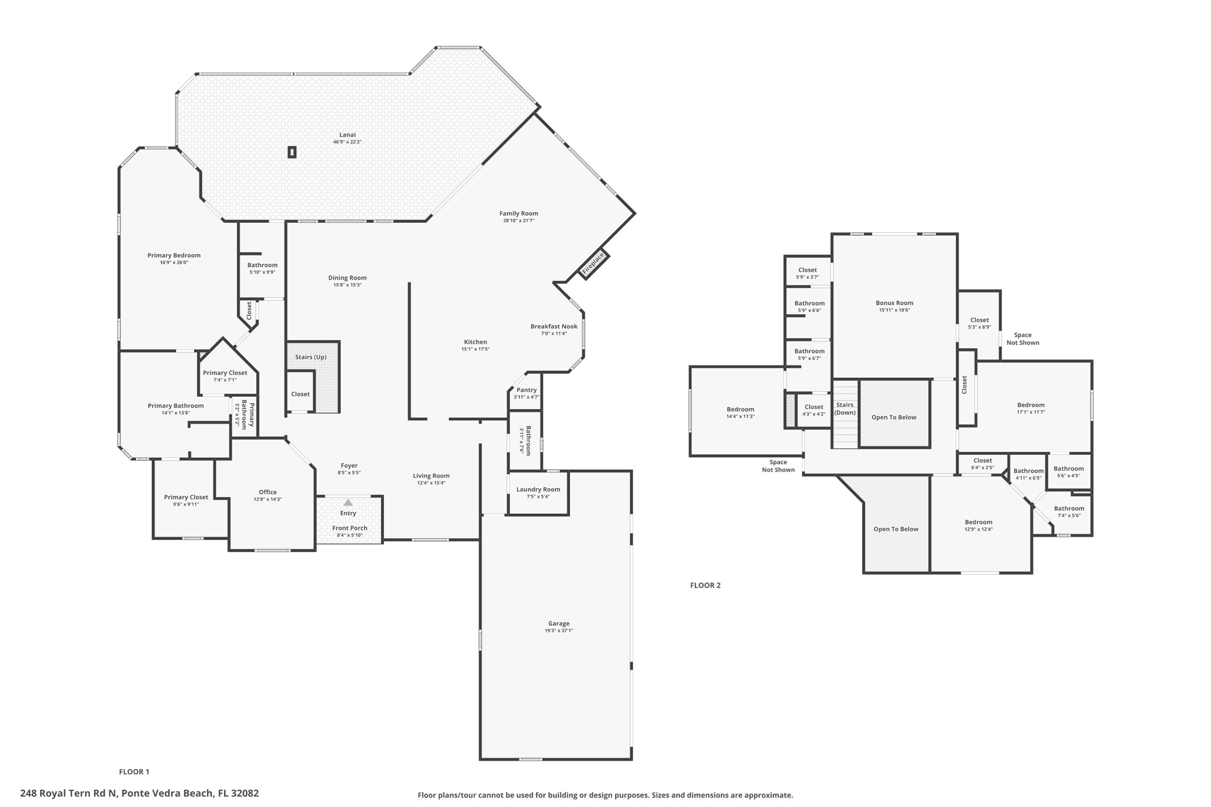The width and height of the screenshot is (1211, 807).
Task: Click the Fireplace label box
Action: coord(593,263)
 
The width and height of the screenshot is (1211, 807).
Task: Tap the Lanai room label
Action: coord(347,135)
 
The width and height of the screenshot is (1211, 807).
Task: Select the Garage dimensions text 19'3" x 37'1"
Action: coord(558,631)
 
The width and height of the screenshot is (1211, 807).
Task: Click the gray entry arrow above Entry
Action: coord(348,503)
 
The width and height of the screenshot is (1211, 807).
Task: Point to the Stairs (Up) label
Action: coord(310,357)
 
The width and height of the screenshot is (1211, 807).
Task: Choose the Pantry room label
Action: coord(526,390)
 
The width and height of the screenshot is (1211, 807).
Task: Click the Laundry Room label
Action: coord(537,490)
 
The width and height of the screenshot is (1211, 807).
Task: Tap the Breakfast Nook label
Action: coord(553,326)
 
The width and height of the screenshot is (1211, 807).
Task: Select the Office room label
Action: coord(267,492)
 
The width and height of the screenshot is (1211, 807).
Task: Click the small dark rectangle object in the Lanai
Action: coord(292,153)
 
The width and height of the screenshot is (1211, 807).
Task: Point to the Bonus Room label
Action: coord(894,303)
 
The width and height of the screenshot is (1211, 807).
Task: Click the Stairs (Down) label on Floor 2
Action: coord(844,409)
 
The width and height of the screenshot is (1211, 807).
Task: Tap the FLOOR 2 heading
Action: coord(705,585)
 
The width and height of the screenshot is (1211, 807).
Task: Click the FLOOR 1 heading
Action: coord(134,772)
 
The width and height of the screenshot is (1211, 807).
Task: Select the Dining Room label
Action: coord(347,278)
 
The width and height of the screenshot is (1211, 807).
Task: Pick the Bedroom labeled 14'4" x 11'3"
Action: coord(740,409)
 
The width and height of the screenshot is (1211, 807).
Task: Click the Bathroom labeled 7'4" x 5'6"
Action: coord(1068,508)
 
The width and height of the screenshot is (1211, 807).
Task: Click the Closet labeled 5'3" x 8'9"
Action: coord(979,320)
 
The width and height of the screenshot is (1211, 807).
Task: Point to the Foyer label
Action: coord(349,466)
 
